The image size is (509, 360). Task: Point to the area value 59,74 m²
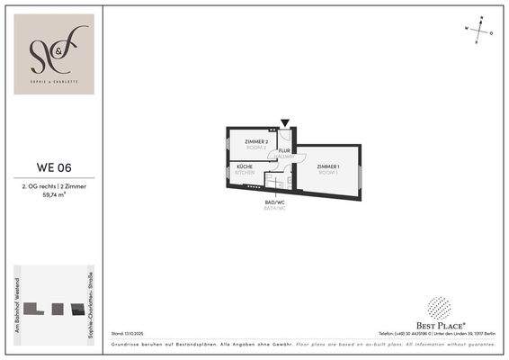[x=54, y=193]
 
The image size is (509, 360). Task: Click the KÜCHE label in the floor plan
[x=245, y=168]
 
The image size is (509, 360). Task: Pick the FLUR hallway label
[x=284, y=152]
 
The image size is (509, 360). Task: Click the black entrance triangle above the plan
[x=285, y=123]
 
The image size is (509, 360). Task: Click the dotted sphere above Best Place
[x=441, y=309]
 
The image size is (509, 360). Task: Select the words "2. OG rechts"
[x=38, y=185]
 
